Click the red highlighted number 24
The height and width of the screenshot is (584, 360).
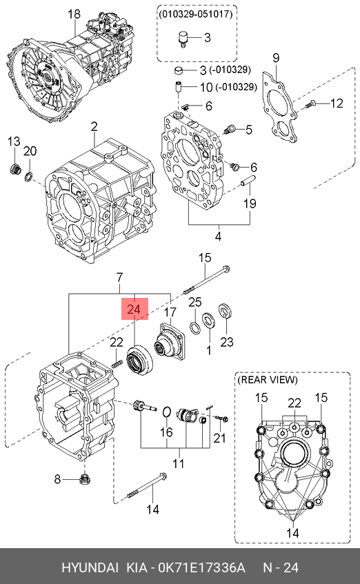coord(134,309)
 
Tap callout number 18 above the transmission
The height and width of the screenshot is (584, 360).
coord(74,14)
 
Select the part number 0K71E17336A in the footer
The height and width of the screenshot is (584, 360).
coord(201,567)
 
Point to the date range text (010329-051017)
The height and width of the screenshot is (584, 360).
coord(196,14)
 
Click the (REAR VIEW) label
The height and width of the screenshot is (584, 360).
coord(268,380)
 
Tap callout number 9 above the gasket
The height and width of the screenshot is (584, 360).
coord(276,58)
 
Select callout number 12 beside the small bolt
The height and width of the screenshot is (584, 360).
coord(337,103)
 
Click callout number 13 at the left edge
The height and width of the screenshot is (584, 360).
coord(14,141)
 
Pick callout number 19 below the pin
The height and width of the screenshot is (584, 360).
coord(250,203)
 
